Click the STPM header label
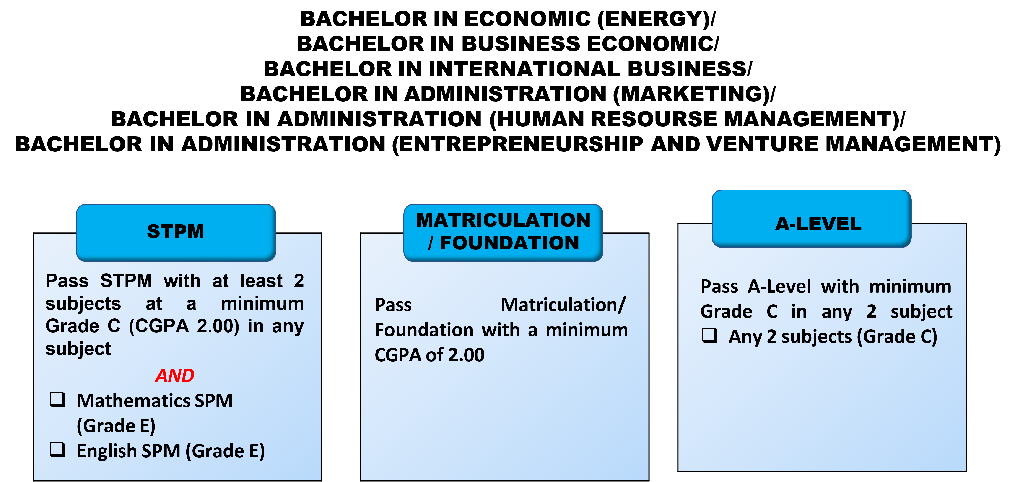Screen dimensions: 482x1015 (176, 231)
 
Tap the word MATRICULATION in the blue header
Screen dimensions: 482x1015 (503, 220)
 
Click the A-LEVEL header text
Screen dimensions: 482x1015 (818, 224)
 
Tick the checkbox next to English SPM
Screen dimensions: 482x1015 (57, 449)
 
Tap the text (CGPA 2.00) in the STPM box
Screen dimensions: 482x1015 (184, 326)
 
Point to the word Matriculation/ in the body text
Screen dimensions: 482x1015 (563, 305)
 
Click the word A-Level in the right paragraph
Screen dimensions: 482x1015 (779, 287)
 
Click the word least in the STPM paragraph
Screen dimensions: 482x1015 (261, 281)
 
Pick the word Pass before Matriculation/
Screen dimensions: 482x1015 (393, 305)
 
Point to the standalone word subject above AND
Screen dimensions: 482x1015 (78, 349)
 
